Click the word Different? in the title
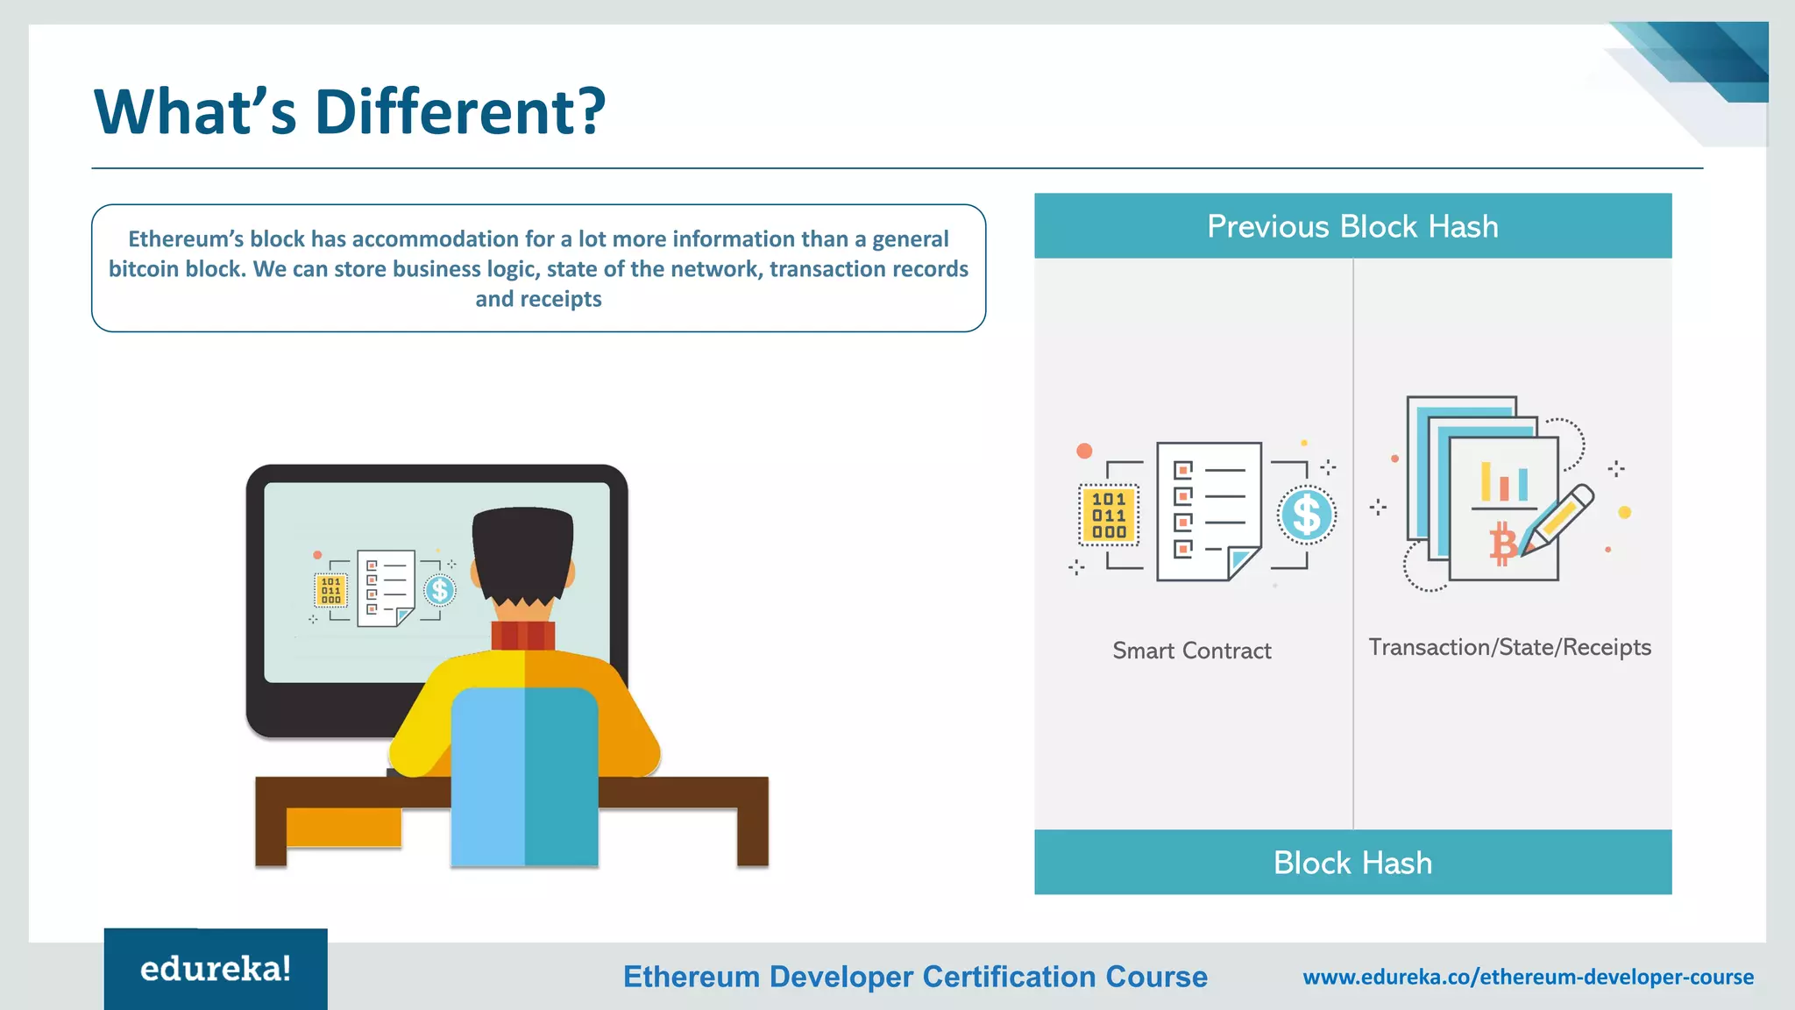point(459,112)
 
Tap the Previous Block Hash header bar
point(1352,226)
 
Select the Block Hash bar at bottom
point(1352,863)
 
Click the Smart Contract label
point(1191,651)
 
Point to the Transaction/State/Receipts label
point(1509,647)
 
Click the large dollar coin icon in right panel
point(1306,515)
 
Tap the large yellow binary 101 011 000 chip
point(1109,516)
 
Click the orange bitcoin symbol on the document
point(1502,544)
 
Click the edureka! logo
point(216,969)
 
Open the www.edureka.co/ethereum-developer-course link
point(1528,977)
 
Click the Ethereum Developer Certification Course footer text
point(915,977)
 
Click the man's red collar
point(522,635)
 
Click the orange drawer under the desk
point(344,828)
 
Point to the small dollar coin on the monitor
point(440,591)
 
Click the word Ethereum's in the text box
point(185,239)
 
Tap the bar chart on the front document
point(1504,483)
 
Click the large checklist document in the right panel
point(1209,510)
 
